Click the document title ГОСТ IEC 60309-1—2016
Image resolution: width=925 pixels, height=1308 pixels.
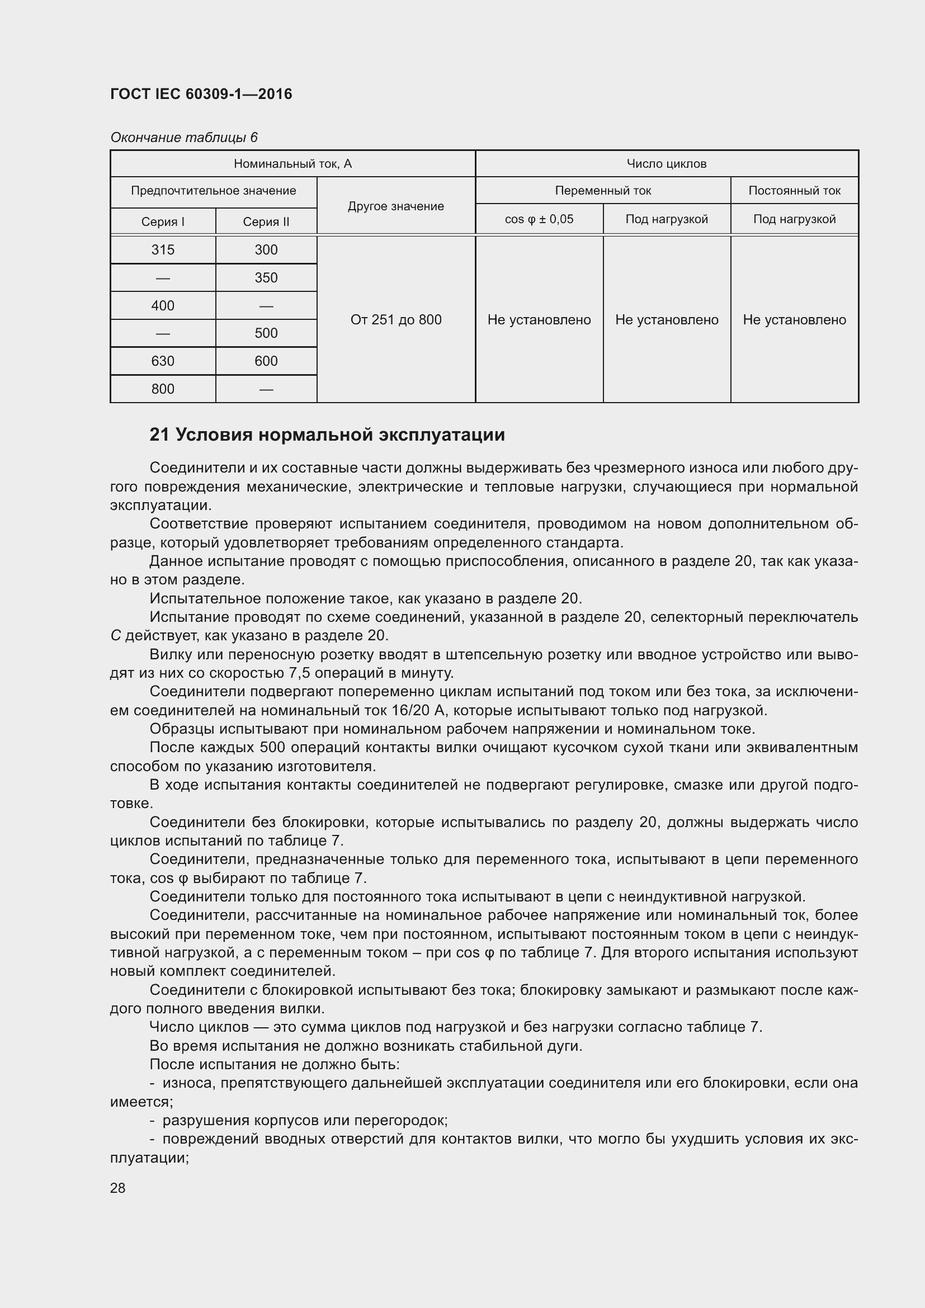coord(201,94)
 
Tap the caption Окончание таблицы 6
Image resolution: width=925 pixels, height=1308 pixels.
coord(183,138)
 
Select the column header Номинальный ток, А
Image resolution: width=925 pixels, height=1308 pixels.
coord(292,164)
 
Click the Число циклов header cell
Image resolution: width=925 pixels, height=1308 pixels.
coord(667,164)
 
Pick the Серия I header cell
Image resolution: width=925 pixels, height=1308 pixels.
coord(163,221)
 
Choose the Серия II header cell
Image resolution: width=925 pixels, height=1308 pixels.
coord(266,221)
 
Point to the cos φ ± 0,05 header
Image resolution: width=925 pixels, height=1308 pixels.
coord(539,219)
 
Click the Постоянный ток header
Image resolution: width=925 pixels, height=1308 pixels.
coord(794,191)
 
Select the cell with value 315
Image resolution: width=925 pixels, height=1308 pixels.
coord(163,250)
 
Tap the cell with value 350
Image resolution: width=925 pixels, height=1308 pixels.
coord(266,278)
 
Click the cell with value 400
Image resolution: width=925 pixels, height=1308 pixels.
coord(163,306)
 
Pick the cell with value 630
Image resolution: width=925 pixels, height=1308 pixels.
coord(163,361)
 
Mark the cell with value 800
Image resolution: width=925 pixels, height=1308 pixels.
coord(163,389)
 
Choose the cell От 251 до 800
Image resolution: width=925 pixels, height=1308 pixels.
coord(396,320)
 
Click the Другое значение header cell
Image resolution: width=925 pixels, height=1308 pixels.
coord(396,206)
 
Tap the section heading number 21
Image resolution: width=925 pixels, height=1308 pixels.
coord(159,435)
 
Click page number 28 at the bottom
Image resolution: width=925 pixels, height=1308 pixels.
coord(118,1188)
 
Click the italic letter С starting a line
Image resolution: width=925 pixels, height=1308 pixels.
coord(116,636)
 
